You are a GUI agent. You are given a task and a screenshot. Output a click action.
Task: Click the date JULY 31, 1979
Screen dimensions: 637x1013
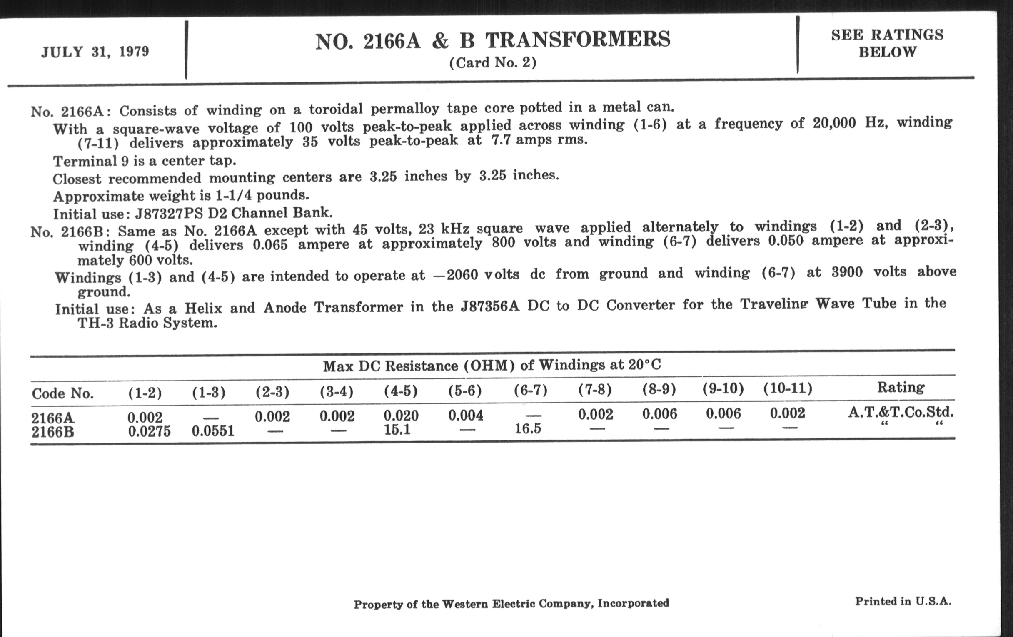point(95,52)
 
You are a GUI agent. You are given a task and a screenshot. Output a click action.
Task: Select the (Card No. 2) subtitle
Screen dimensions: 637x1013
point(493,63)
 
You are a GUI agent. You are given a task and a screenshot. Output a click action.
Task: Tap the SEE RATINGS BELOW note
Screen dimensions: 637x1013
point(887,43)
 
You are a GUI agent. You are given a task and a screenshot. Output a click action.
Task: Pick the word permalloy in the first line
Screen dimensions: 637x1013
point(405,109)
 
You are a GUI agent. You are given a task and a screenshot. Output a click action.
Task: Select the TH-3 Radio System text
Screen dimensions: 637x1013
point(147,323)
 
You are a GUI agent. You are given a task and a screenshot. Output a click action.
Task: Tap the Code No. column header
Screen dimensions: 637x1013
point(62,393)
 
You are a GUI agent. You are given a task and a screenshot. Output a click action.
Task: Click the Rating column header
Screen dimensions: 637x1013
point(900,387)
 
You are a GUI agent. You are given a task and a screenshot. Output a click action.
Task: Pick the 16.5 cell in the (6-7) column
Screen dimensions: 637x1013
point(528,429)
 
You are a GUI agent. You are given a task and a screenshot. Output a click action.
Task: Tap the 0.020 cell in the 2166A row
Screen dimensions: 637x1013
point(401,416)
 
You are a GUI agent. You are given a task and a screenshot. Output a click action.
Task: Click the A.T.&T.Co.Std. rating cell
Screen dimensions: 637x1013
point(901,412)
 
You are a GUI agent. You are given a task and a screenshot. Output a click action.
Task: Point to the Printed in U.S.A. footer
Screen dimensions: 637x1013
point(903,601)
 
